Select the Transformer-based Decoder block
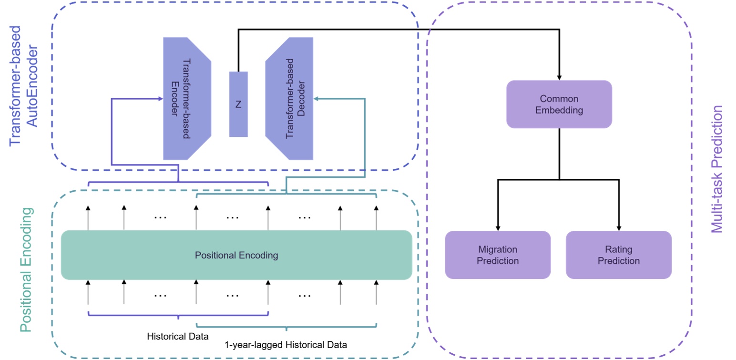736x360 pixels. (x=289, y=99)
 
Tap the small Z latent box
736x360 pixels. (x=238, y=104)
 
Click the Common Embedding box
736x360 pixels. (x=559, y=104)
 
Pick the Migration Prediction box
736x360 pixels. (x=498, y=255)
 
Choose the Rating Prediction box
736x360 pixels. (x=618, y=255)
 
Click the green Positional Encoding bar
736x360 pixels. (x=236, y=255)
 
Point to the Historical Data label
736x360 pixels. (x=178, y=337)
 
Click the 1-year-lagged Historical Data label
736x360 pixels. (x=286, y=344)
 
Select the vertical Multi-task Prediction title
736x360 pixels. (x=716, y=169)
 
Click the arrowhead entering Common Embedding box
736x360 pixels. (x=559, y=77)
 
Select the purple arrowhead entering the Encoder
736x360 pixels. (x=160, y=99)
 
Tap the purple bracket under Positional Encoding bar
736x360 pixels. (x=178, y=314)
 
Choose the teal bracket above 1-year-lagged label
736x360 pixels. (x=286, y=327)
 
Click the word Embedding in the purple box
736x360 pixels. (x=559, y=110)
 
